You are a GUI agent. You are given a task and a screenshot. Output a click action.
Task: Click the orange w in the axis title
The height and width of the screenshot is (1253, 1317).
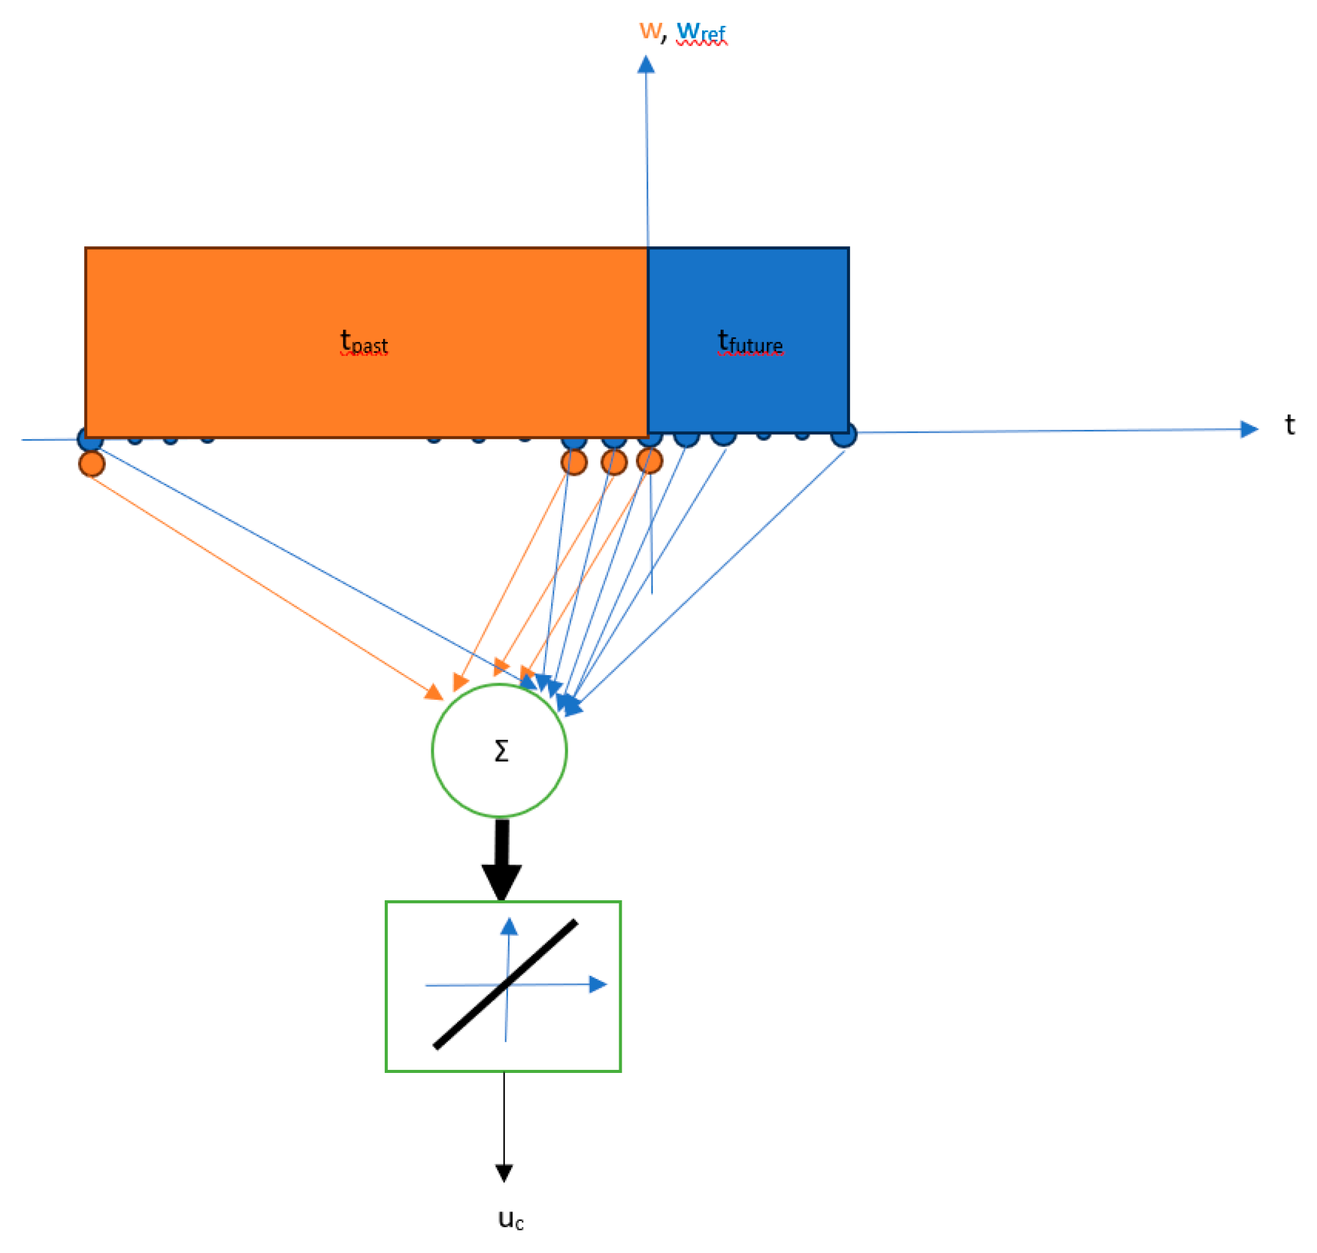point(649,30)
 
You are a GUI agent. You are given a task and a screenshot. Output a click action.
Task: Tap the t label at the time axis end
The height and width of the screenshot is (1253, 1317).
point(1290,425)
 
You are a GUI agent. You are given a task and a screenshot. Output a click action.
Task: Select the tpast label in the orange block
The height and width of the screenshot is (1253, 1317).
point(364,342)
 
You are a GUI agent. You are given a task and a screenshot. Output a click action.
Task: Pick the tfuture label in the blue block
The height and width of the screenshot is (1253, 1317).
point(750,342)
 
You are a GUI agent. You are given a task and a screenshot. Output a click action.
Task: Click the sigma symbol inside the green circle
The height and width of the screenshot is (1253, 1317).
point(501,751)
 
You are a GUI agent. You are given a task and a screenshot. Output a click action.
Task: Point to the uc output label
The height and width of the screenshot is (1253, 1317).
point(511,1219)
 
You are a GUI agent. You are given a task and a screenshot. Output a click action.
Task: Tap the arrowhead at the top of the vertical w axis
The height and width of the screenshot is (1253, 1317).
point(646,65)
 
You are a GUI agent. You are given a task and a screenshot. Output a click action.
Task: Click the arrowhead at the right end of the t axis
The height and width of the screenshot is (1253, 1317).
point(1248,429)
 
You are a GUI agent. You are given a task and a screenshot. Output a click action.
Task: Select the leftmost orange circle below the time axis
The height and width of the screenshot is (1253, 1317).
point(92,463)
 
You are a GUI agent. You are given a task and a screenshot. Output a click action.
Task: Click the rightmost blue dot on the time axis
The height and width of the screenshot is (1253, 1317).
point(844,436)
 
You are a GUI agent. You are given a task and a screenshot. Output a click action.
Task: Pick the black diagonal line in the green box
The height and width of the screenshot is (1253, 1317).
point(506,984)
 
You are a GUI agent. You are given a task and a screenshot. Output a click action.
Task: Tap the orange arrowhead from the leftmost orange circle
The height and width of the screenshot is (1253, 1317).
point(435,692)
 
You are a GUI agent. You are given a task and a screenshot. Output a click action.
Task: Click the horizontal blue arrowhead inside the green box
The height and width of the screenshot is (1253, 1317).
point(597,984)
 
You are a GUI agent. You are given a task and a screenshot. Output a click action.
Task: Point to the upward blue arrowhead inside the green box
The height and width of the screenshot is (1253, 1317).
point(509,927)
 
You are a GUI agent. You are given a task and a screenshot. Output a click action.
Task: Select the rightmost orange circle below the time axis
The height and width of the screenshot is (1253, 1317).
point(649,461)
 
